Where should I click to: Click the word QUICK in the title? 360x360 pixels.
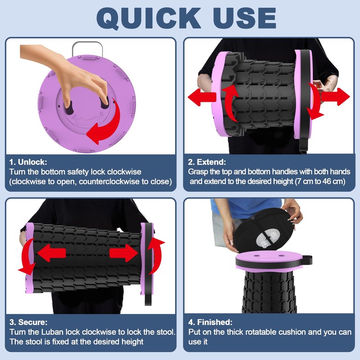(x=148, y=18)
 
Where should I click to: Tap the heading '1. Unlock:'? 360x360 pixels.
(x=28, y=162)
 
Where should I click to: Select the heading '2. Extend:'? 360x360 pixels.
(x=207, y=162)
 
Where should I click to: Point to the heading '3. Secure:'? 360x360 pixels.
(x=28, y=322)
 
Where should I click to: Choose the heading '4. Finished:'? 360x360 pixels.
(x=210, y=322)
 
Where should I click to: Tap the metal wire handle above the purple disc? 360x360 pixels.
(x=87, y=48)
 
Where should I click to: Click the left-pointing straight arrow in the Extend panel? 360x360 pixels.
(x=202, y=97)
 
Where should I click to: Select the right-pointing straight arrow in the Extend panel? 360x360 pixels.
(x=335, y=97)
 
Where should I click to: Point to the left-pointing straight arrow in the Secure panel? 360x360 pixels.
(x=51, y=253)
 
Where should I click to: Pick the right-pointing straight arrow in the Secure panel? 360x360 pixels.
(x=123, y=253)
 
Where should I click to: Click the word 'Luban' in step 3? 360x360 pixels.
(x=53, y=332)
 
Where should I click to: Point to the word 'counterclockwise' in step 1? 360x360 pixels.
(x=109, y=182)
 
